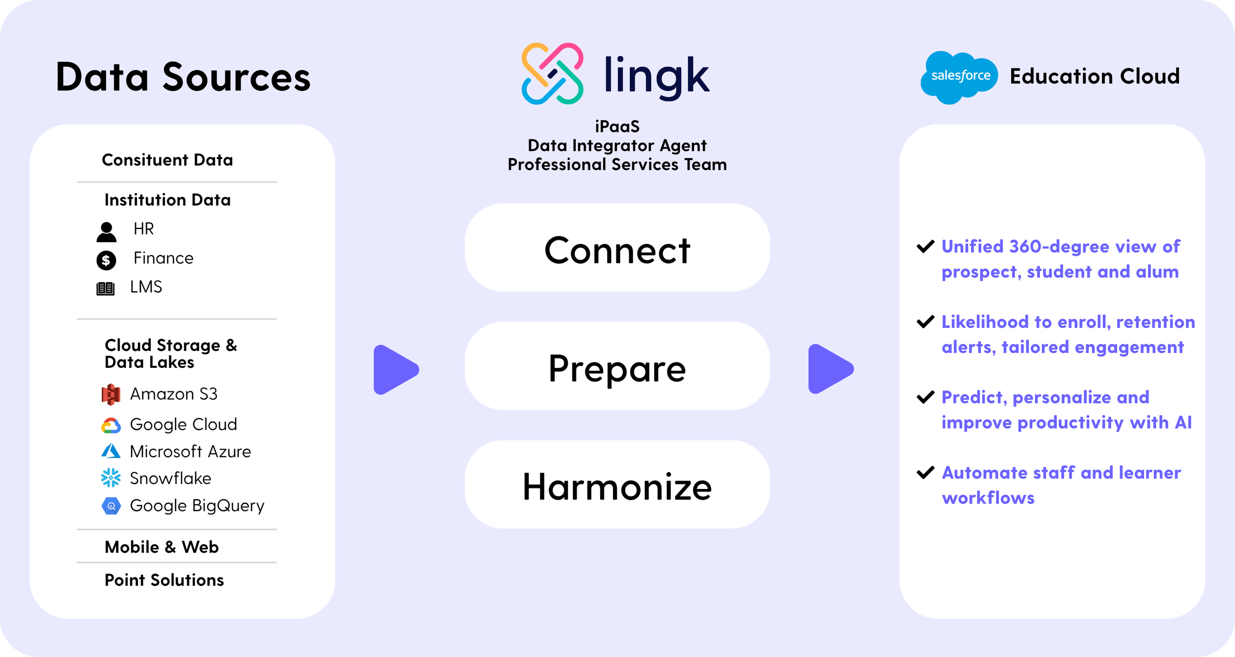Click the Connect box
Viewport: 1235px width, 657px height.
[617, 248]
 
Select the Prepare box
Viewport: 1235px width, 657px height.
[617, 366]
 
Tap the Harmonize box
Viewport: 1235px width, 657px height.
[617, 484]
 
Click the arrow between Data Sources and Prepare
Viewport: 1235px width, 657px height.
[395, 370]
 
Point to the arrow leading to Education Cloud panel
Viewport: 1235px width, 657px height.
[830, 369]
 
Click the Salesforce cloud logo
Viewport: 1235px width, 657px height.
[958, 77]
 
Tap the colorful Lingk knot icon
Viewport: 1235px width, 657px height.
[552, 74]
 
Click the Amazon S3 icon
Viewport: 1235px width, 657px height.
[111, 394]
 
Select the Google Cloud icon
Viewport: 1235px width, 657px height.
[111, 425]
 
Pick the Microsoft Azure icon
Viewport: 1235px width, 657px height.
[111, 451]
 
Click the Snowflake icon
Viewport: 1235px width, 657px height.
[111, 478]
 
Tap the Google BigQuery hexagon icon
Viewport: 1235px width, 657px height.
[111, 506]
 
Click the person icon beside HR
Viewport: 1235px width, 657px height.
[106, 232]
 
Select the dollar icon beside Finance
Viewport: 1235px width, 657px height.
[106, 260]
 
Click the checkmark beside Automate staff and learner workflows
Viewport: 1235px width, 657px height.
[925, 473]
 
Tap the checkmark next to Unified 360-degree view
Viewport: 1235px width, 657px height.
[925, 246]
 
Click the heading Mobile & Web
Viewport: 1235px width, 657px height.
[162, 547]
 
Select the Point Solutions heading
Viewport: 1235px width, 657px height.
[164, 580]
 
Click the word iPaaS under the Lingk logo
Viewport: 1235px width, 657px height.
[617, 127]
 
